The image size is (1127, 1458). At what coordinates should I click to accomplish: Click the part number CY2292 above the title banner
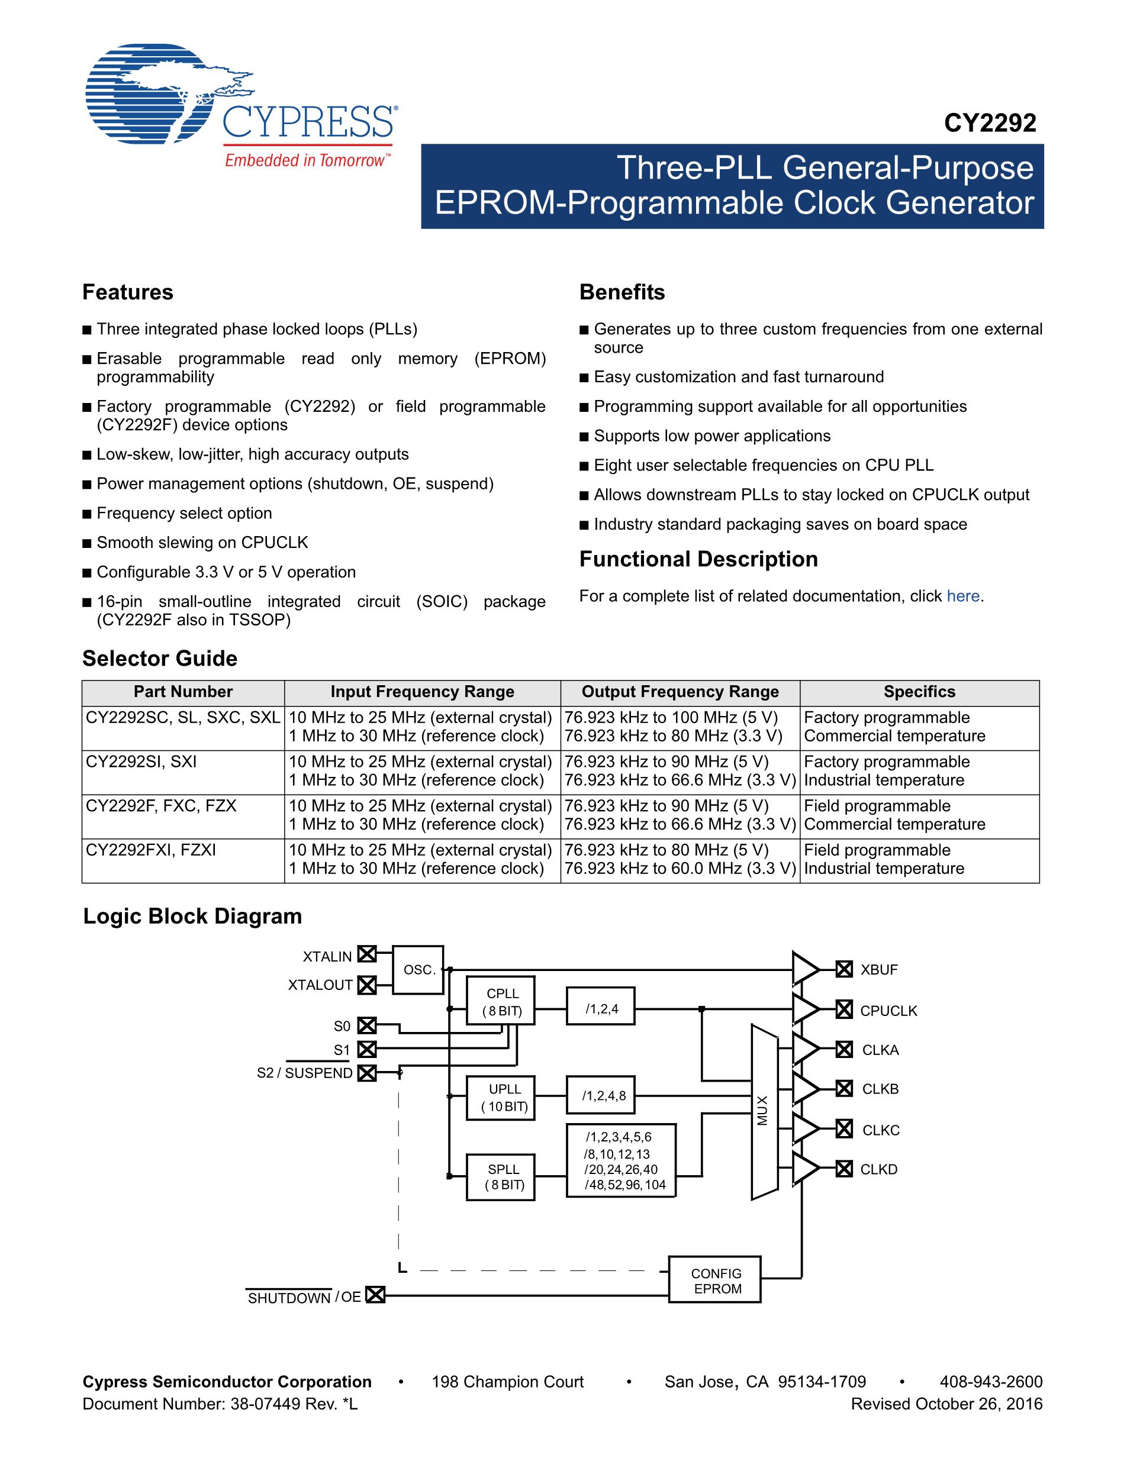pos(990,123)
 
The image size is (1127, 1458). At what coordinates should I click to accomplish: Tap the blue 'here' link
pos(963,596)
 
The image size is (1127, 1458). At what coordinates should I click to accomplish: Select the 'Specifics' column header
pos(919,692)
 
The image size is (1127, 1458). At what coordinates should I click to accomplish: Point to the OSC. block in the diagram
pos(418,969)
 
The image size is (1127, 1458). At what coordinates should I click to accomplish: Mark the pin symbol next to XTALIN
pos(366,954)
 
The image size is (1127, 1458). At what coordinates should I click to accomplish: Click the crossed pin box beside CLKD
pos(845,1169)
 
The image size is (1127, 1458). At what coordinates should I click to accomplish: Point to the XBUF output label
pos(878,969)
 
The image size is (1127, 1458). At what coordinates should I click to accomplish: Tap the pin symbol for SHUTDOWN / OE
pos(376,1295)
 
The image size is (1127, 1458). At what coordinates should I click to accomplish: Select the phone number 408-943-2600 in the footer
pos(991,1382)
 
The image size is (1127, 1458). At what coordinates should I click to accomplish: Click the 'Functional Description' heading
pos(698,559)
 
